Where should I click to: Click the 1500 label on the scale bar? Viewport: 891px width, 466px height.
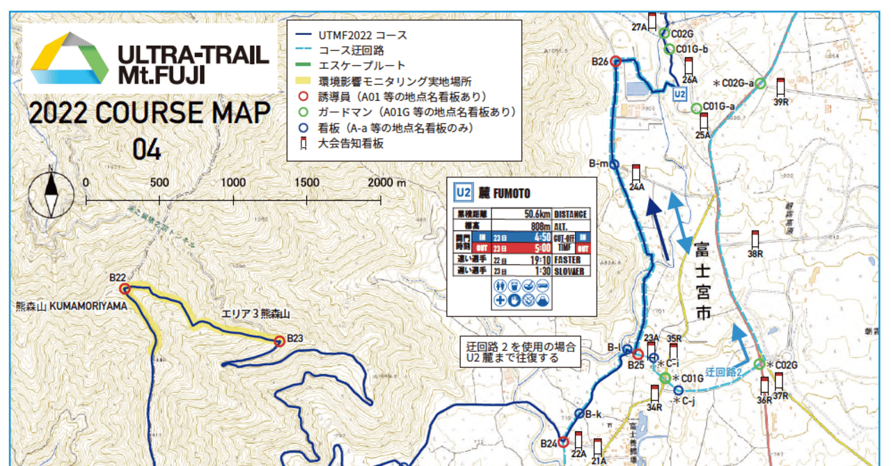pos(307,182)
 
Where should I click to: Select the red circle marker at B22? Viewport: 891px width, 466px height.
pos(125,288)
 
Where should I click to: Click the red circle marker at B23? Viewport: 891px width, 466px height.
pos(279,341)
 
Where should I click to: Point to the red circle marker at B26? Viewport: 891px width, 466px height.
pos(615,61)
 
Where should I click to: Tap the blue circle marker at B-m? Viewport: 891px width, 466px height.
pos(615,164)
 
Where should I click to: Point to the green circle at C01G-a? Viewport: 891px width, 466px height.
pos(696,108)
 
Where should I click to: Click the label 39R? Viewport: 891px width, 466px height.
pos(780,102)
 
